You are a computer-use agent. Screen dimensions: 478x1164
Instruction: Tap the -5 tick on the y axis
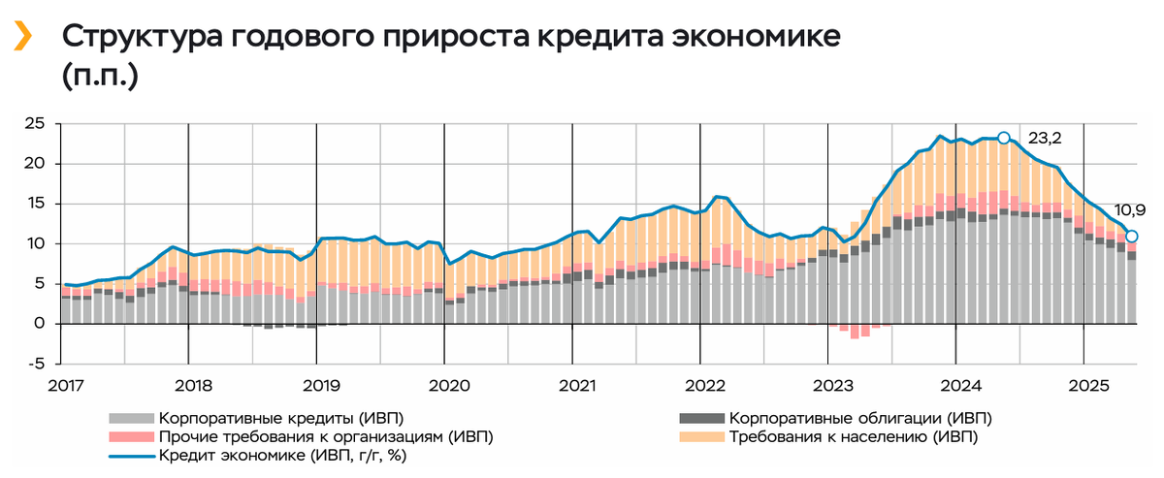[35, 364]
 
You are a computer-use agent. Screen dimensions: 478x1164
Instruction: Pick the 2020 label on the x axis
[445, 386]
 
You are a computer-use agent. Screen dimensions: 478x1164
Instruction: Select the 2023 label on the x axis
[827, 386]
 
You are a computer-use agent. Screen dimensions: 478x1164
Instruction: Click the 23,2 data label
[1044, 139]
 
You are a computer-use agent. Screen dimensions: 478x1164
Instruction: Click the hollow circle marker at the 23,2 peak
[1004, 138]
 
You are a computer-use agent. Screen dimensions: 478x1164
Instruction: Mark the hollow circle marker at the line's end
[1131, 236]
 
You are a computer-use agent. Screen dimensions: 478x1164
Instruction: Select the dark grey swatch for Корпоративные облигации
[700, 418]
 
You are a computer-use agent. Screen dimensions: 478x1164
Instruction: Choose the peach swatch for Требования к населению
[700, 436]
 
